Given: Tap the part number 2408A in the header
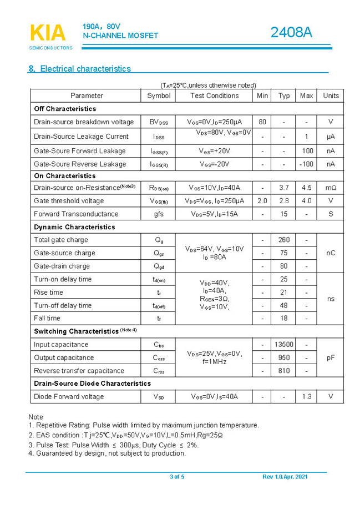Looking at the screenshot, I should click(x=291, y=33).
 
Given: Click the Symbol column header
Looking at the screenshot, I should click(x=159, y=95).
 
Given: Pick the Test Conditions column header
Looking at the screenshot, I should click(x=214, y=95).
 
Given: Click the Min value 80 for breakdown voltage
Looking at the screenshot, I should click(x=262, y=122).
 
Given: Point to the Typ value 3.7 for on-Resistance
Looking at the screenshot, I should click(x=283, y=188).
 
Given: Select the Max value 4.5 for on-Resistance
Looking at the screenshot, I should click(x=306, y=188).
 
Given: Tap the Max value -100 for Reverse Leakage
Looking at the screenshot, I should click(x=306, y=164).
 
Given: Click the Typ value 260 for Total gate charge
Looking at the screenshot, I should click(x=283, y=240).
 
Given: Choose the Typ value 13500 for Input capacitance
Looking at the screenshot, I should click(x=283, y=345).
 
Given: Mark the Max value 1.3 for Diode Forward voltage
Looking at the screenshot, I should click(x=306, y=396).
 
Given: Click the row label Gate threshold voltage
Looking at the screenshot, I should click(x=69, y=201).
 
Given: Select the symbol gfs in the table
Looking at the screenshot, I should click(x=159, y=214).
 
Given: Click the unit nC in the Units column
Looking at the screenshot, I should click(x=331, y=253).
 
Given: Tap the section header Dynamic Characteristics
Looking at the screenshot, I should click(x=74, y=227).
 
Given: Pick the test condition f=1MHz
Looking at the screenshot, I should click(x=214, y=362).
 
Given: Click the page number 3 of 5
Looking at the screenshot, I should click(x=177, y=477).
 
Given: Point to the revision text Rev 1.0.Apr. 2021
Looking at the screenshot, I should click(x=285, y=477).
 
